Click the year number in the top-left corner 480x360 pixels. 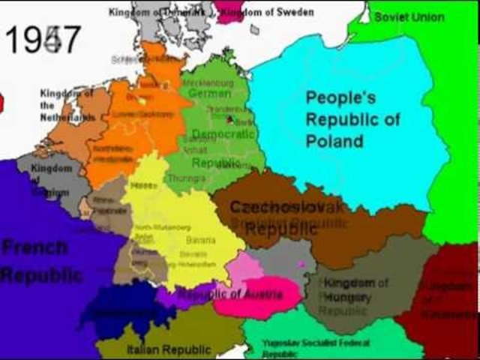(x=43, y=40)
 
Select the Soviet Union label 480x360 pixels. (x=409, y=16)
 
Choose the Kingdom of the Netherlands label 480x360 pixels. (x=66, y=105)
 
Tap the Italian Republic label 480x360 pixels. (x=158, y=349)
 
